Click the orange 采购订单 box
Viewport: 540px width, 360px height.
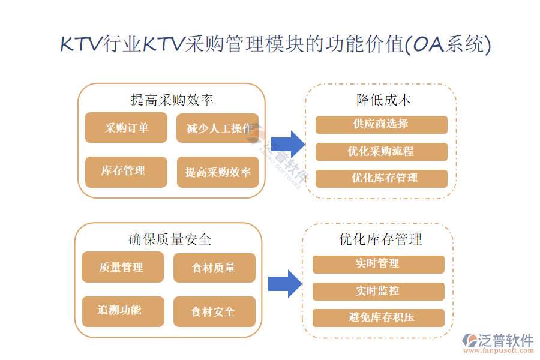tap(126, 128)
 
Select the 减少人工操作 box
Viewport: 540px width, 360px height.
tap(217, 128)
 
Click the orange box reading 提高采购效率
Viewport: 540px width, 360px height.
tap(217, 172)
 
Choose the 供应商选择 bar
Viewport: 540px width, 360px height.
tap(381, 124)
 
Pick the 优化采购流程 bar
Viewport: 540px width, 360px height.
tap(381, 151)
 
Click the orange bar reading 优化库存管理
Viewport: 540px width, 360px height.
tap(381, 178)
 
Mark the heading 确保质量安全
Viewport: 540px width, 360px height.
tap(170, 239)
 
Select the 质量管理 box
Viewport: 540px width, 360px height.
tap(122, 267)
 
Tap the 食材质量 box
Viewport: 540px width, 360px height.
tap(214, 268)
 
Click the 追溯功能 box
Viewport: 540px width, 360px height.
tap(122, 311)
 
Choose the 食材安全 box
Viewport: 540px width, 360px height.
tap(214, 311)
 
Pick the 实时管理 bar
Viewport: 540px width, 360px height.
tap(378, 264)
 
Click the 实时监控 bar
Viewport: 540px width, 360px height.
tap(378, 291)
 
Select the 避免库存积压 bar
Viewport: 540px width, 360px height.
tap(378, 317)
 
